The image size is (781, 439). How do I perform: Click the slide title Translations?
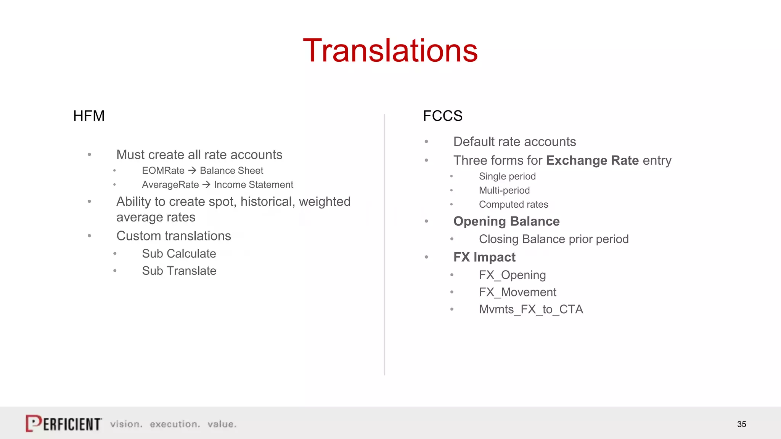click(x=390, y=50)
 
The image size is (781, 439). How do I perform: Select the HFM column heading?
click(x=89, y=116)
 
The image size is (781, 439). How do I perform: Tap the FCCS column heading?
click(x=442, y=116)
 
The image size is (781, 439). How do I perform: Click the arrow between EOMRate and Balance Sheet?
click(x=192, y=170)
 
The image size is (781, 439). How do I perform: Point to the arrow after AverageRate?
click(x=206, y=184)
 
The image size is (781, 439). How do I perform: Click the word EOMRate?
click(x=163, y=171)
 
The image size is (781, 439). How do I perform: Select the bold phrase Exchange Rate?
click(x=592, y=160)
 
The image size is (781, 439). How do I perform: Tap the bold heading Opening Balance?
click(x=506, y=221)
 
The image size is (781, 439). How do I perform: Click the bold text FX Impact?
click(x=484, y=257)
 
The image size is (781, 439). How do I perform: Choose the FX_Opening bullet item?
click(x=512, y=275)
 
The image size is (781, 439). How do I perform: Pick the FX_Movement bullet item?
click(x=517, y=292)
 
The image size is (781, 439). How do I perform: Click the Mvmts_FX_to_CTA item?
click(x=531, y=309)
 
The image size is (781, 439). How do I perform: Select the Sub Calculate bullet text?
click(x=179, y=254)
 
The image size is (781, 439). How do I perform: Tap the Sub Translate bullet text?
click(x=179, y=271)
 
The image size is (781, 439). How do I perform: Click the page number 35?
click(x=741, y=424)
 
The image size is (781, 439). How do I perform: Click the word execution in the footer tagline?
click(x=175, y=424)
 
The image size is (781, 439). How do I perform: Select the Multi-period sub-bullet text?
click(x=504, y=191)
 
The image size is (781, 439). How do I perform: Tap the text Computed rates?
click(x=513, y=205)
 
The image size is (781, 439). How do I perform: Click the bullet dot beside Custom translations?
click(x=89, y=236)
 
